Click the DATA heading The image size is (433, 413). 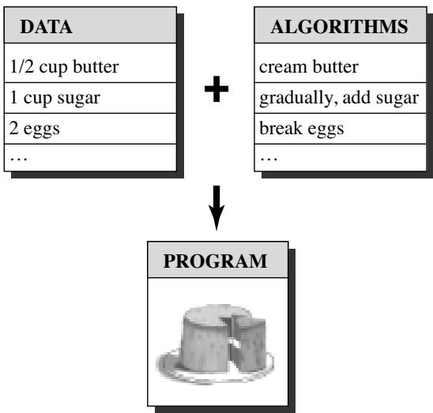46,27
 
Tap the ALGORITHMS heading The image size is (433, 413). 340,27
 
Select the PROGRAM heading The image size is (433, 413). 215,261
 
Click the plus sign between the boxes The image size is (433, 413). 216,88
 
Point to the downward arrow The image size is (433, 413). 216,208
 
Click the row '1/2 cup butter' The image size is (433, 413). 64,67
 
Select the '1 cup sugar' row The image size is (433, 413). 55,98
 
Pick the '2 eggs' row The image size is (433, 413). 35,129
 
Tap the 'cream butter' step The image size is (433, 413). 309,67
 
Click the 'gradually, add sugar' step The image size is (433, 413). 339,98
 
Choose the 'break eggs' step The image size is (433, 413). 302,129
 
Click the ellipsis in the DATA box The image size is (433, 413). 18,159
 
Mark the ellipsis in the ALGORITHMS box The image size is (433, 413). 269,159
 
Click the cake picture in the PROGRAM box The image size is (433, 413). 216,344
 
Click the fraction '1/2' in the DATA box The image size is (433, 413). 22,66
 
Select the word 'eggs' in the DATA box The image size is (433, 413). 42,130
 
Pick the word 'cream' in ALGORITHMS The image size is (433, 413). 283,68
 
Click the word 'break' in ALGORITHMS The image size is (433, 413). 281,128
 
